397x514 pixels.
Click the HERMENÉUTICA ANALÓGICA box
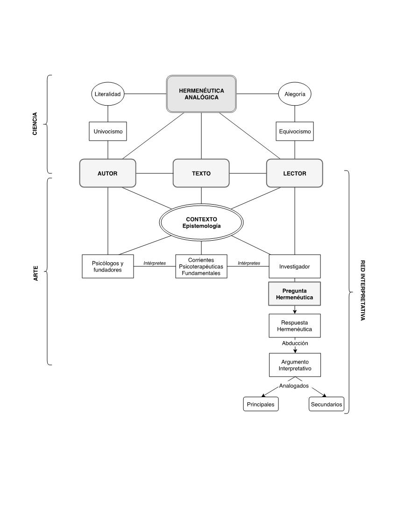pyautogui.click(x=201, y=94)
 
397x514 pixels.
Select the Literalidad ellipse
pyautogui.click(x=108, y=94)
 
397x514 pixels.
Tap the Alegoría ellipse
pyautogui.click(x=295, y=94)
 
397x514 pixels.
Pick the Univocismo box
pyautogui.click(x=108, y=131)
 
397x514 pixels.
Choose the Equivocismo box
pyautogui.click(x=295, y=131)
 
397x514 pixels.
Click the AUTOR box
pyautogui.click(x=108, y=173)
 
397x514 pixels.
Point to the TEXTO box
pyautogui.click(x=201, y=173)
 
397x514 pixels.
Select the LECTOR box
pyautogui.click(x=295, y=173)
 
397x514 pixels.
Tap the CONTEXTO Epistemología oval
pyautogui.click(x=201, y=222)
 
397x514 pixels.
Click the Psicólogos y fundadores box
pyautogui.click(x=108, y=266)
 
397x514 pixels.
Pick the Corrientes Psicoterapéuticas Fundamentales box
pyautogui.click(x=201, y=266)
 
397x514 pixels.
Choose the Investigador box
pyautogui.click(x=295, y=266)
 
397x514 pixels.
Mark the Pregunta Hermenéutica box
pyautogui.click(x=295, y=294)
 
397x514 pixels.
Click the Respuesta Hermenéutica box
pyautogui.click(x=295, y=326)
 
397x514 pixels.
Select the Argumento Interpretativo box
pyautogui.click(x=295, y=365)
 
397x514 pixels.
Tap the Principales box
pyautogui.click(x=261, y=404)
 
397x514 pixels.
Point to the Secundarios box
pyautogui.click(x=326, y=404)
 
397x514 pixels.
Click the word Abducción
pyautogui.click(x=295, y=343)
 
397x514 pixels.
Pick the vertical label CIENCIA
pyautogui.click(x=35, y=124)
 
